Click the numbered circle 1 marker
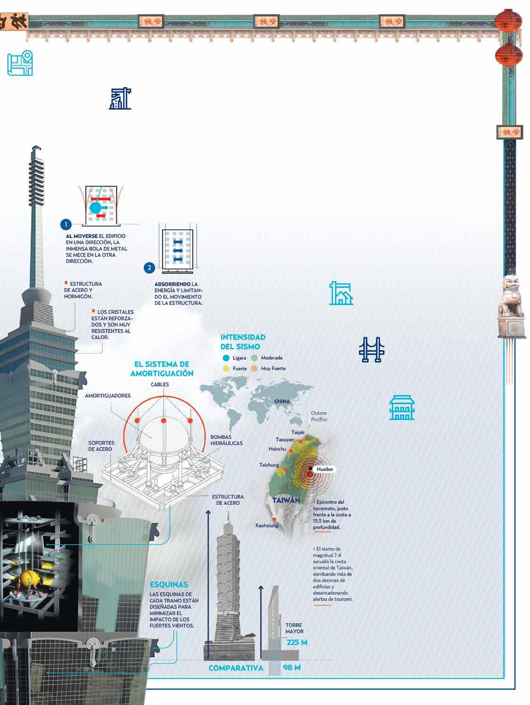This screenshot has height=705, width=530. tap(66, 224)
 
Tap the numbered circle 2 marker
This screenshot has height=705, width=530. tap(149, 268)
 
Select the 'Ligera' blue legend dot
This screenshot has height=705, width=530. tap(226, 358)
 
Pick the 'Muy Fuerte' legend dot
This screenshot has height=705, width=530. tap(255, 368)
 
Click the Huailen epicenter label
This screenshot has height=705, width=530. tap(325, 470)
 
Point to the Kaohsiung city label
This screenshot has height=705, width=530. tap(267, 525)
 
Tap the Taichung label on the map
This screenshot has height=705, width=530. tap(269, 465)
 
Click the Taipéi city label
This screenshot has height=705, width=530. tap(298, 432)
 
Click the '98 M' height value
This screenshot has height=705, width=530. tap(292, 668)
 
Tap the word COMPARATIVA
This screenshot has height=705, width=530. tap(236, 668)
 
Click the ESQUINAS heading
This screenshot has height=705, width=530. tap(169, 585)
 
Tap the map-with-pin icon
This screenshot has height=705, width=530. tap(21, 64)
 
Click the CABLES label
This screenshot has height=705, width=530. tap(160, 385)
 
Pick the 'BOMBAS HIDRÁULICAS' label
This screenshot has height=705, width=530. tap(227, 440)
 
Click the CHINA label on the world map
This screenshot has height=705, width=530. tap(282, 401)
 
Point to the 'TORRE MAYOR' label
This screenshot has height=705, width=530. tap(294, 628)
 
